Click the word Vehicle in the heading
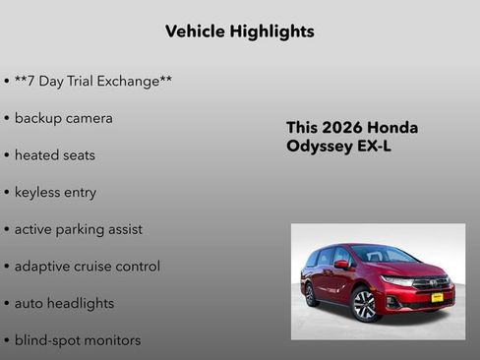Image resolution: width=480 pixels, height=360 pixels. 196,31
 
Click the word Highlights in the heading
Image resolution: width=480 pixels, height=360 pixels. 272,31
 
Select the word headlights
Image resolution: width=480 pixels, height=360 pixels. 79,303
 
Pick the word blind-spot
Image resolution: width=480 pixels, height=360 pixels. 48,340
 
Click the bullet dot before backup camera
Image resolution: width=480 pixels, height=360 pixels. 7,118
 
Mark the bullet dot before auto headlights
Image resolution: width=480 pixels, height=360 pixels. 7,304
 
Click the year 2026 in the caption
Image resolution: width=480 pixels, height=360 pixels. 343,128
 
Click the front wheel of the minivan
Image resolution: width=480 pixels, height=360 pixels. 364,303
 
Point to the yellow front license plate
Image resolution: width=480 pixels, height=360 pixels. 436,296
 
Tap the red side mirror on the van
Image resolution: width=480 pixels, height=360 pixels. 342,265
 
